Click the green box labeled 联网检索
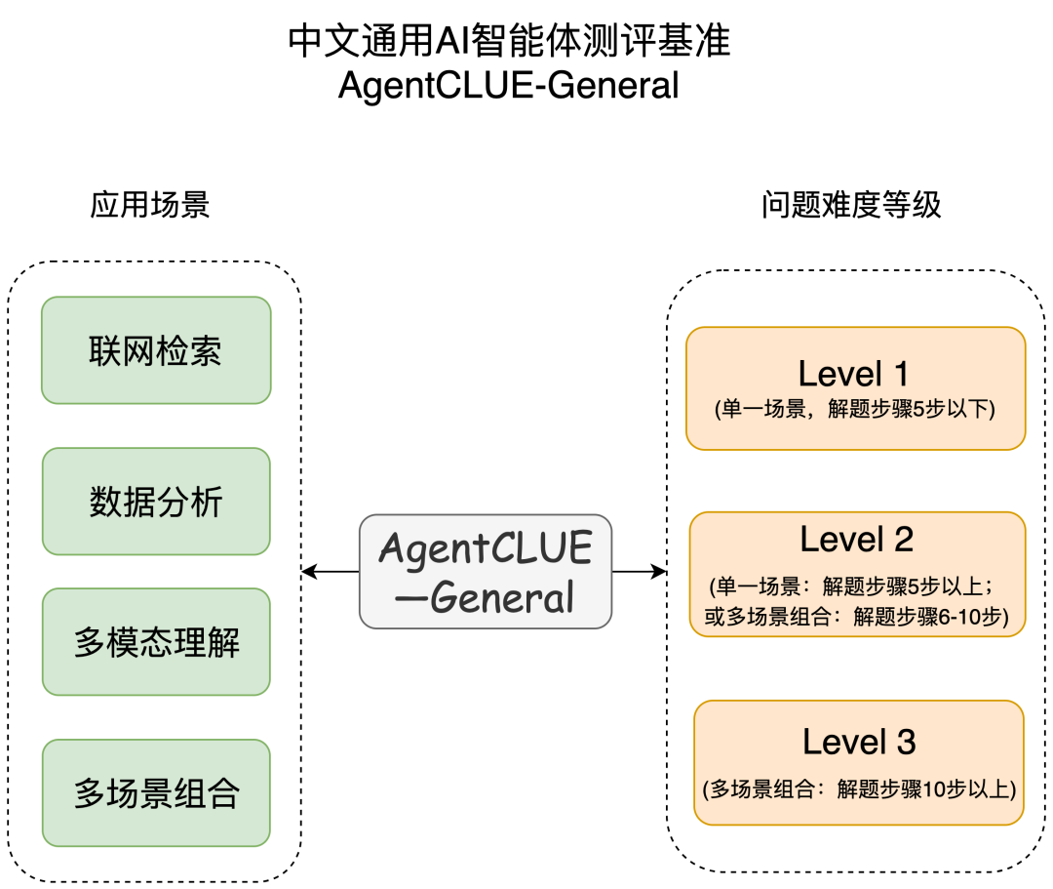click(156, 350)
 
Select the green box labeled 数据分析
click(156, 502)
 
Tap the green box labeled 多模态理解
click(156, 642)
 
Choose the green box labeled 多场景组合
click(156, 793)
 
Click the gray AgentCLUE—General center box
click(486, 572)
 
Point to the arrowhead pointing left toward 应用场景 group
click(308, 572)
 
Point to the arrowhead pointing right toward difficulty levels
click(659, 572)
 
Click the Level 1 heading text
click(853, 374)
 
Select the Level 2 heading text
click(857, 540)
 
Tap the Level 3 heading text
click(860, 742)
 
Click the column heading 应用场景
click(150, 204)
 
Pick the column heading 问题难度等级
click(851, 204)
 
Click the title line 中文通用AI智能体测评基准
click(509, 41)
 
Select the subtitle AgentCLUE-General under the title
click(509, 85)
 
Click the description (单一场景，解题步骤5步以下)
click(855, 409)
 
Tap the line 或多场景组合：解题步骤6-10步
click(857, 616)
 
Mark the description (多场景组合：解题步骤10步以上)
click(860, 788)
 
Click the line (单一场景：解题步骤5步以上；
click(851, 586)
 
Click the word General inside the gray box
click(502, 597)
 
